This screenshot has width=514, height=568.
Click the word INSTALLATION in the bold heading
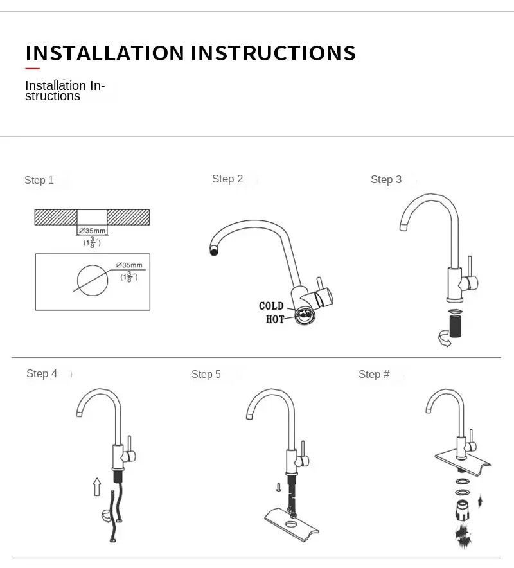coord(105,53)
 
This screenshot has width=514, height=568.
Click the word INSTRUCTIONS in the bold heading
coord(273,53)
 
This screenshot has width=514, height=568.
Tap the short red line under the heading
coord(33,68)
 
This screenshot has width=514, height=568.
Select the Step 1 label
coord(39,180)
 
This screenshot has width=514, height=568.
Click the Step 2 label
coord(227,179)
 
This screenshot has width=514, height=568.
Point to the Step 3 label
coord(386,180)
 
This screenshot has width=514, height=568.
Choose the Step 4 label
coord(42,374)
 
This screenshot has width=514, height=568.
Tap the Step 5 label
coord(206,374)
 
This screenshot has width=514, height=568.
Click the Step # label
coord(374,374)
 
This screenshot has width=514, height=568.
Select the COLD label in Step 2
coord(271,306)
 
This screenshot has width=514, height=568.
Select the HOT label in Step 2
coord(275,319)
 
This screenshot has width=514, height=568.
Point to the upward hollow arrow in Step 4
coord(97,486)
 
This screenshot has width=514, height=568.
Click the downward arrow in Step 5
coord(278,488)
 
